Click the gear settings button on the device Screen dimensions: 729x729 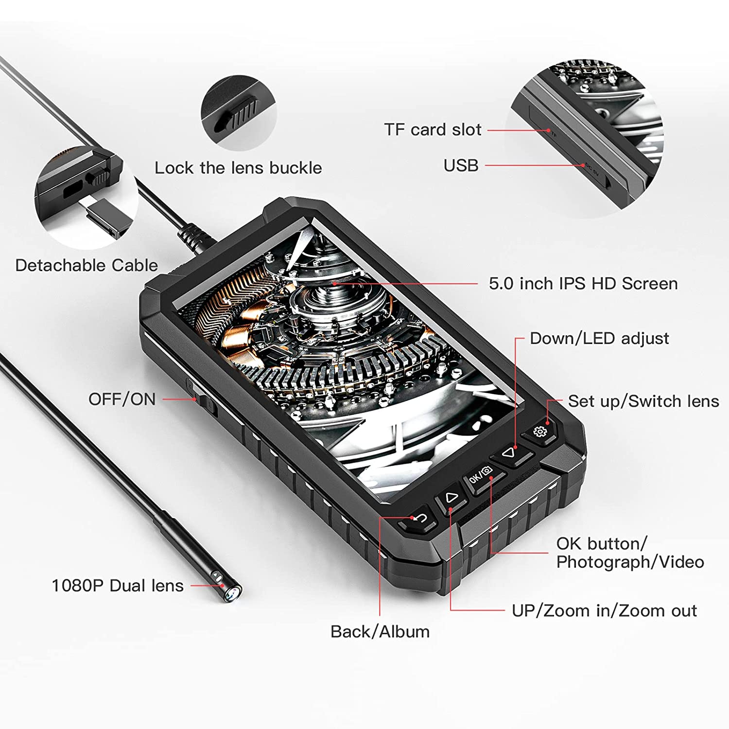539,431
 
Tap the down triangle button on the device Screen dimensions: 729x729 508,453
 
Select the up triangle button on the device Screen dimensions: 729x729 452,498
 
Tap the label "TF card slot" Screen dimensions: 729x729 433,130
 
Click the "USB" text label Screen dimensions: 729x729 461,166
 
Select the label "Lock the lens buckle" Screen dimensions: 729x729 238,168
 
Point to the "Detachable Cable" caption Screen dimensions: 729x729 87,265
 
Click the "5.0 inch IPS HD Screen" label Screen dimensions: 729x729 583,284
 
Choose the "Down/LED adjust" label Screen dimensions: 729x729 599,339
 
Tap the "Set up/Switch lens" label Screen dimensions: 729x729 643,401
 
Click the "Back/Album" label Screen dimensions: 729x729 380,632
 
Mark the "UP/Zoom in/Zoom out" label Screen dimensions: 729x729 604,611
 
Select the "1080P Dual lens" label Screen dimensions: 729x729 118,586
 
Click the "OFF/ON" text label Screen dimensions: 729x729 122,399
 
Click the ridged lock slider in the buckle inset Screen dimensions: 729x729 242,114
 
